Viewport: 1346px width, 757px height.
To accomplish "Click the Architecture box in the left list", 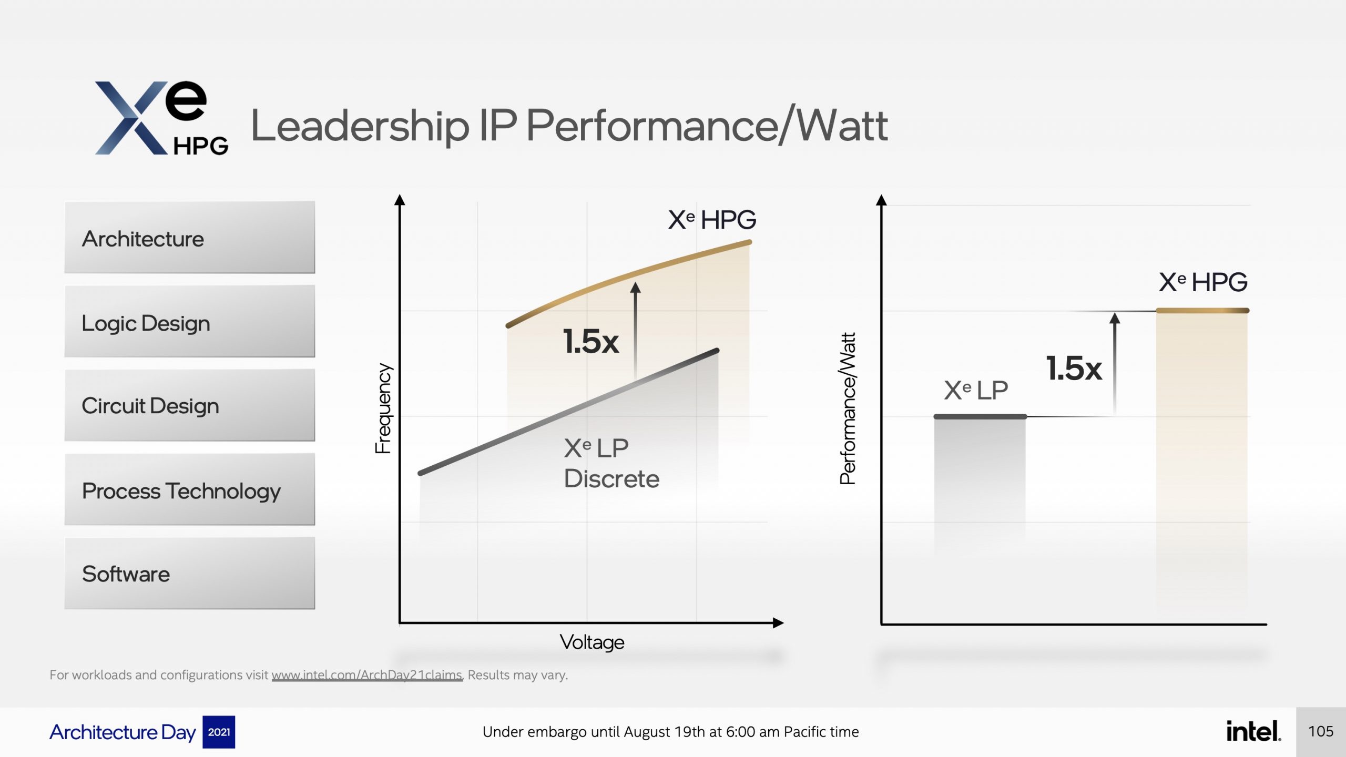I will pos(189,238).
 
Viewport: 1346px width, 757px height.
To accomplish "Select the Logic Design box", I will pos(189,322).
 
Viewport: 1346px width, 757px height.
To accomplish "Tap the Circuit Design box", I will pos(189,405).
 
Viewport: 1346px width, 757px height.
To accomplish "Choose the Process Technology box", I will pos(189,490).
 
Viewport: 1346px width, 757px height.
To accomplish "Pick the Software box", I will pos(189,574).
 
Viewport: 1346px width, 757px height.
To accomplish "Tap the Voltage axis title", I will pos(592,642).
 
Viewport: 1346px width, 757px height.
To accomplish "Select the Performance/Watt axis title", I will pos(848,408).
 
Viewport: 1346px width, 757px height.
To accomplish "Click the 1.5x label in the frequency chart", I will pos(591,341).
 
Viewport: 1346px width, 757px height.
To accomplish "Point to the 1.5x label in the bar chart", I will pos(1074,368).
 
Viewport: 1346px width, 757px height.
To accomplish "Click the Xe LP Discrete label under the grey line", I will pos(611,463).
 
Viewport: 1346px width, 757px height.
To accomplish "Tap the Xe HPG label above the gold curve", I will pos(712,220).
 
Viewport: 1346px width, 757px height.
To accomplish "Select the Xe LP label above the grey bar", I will pos(976,391).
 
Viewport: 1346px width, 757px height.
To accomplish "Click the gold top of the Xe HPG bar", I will pos(1202,311).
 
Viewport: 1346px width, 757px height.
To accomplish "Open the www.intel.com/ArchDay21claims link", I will pos(367,675).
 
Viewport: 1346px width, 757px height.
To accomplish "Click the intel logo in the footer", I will pos(1253,731).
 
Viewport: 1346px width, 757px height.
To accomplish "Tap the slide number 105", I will pos(1321,731).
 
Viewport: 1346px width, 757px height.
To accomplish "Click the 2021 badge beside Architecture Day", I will pos(219,732).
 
